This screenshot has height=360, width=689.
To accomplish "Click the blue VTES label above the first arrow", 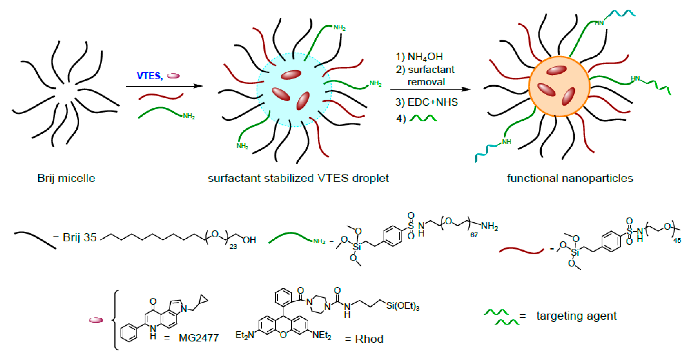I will coord(149,76).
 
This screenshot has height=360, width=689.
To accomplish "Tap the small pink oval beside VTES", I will coord(173,76).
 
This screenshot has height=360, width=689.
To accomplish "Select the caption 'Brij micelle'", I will coord(66,178).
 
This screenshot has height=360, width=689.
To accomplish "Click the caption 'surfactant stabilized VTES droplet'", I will coord(298,178).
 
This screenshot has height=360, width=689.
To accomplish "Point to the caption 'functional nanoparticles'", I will coord(570,178).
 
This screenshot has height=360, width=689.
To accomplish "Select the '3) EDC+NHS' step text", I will coord(426,102).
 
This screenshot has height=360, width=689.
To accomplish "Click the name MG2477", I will coord(199,338).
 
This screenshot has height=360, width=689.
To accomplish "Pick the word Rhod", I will coord(369,339).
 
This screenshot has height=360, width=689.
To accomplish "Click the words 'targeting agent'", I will coord(576,316).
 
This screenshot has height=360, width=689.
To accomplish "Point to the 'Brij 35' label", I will coord(79,237).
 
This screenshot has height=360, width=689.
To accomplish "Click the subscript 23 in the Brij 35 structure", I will coord(233,246).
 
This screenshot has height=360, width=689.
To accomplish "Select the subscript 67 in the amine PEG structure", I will coord(474,235).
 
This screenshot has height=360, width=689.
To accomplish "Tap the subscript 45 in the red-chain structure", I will coord(677,241).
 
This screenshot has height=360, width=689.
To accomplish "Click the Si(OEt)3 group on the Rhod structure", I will coord(403,306).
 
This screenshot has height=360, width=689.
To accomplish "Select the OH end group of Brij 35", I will coord(249,240).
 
